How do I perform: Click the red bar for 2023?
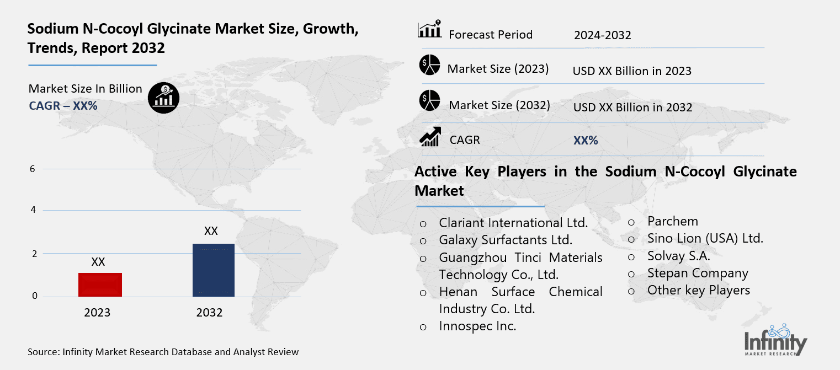click(100, 285)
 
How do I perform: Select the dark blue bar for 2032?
click(213, 270)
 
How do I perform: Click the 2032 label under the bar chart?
click(209, 313)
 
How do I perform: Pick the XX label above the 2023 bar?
click(98, 262)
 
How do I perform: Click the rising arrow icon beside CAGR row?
click(430, 137)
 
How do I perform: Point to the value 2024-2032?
click(602, 35)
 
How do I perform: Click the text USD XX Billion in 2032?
click(632, 107)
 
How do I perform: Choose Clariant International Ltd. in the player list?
click(513, 223)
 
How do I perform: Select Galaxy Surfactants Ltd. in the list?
click(506, 240)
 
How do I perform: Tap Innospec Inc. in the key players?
click(477, 326)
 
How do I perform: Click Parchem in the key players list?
click(673, 221)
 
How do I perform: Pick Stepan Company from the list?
click(698, 273)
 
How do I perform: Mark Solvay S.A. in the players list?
click(678, 256)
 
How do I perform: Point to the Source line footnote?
click(163, 352)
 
